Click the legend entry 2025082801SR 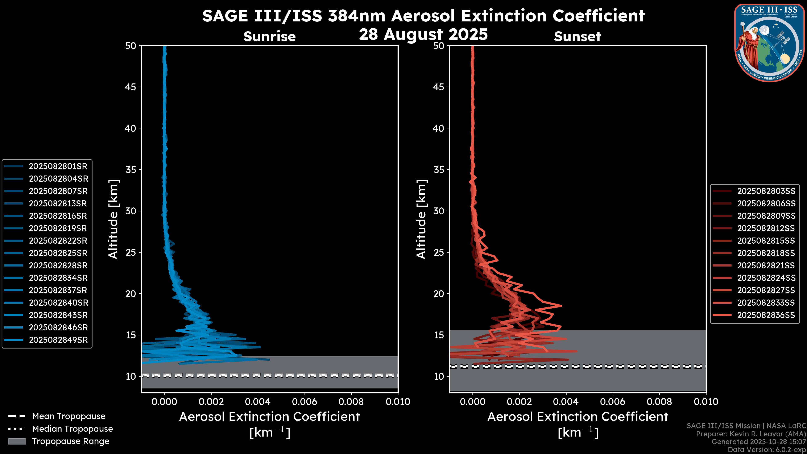(x=58, y=166)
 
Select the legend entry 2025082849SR (x=58, y=340)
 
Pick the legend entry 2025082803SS (x=766, y=191)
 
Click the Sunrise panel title (x=269, y=36)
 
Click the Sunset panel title (x=577, y=36)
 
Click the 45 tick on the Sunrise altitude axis (x=130, y=87)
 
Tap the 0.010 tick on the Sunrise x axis (x=398, y=402)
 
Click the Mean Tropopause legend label (x=69, y=416)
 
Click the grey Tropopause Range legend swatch (x=17, y=441)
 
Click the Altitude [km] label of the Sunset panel (x=421, y=219)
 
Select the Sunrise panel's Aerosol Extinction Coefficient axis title (x=269, y=417)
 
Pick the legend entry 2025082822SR (x=58, y=241)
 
